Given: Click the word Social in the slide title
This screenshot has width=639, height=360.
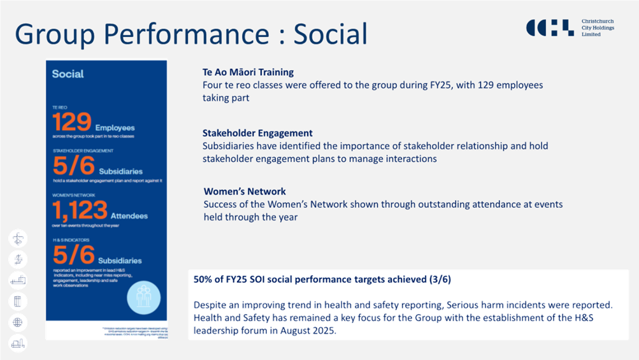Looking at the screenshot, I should click(x=330, y=34).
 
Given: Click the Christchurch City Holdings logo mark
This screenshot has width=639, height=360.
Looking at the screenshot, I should click(x=550, y=27).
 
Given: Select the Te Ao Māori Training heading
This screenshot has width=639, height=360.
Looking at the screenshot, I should click(x=248, y=72).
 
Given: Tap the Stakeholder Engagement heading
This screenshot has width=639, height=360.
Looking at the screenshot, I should click(x=257, y=133).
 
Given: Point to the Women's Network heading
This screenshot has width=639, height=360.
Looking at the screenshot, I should click(x=245, y=191).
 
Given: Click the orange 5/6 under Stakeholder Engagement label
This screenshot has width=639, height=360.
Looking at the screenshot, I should click(x=73, y=167).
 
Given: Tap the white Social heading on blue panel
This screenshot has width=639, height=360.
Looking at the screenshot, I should click(x=68, y=74).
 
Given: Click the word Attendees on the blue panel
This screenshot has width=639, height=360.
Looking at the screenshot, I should click(x=129, y=216).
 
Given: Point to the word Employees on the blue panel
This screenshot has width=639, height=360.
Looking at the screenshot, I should click(x=116, y=127).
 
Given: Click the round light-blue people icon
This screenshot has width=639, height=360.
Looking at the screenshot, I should click(x=143, y=297).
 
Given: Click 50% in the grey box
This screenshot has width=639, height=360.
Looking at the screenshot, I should click(x=204, y=280).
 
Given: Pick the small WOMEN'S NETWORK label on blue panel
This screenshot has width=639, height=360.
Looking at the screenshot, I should click(x=74, y=195).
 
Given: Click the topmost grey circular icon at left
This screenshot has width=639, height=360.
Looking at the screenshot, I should click(x=18, y=239).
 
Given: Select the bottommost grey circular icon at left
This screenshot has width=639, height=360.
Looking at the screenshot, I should click(x=18, y=343).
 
